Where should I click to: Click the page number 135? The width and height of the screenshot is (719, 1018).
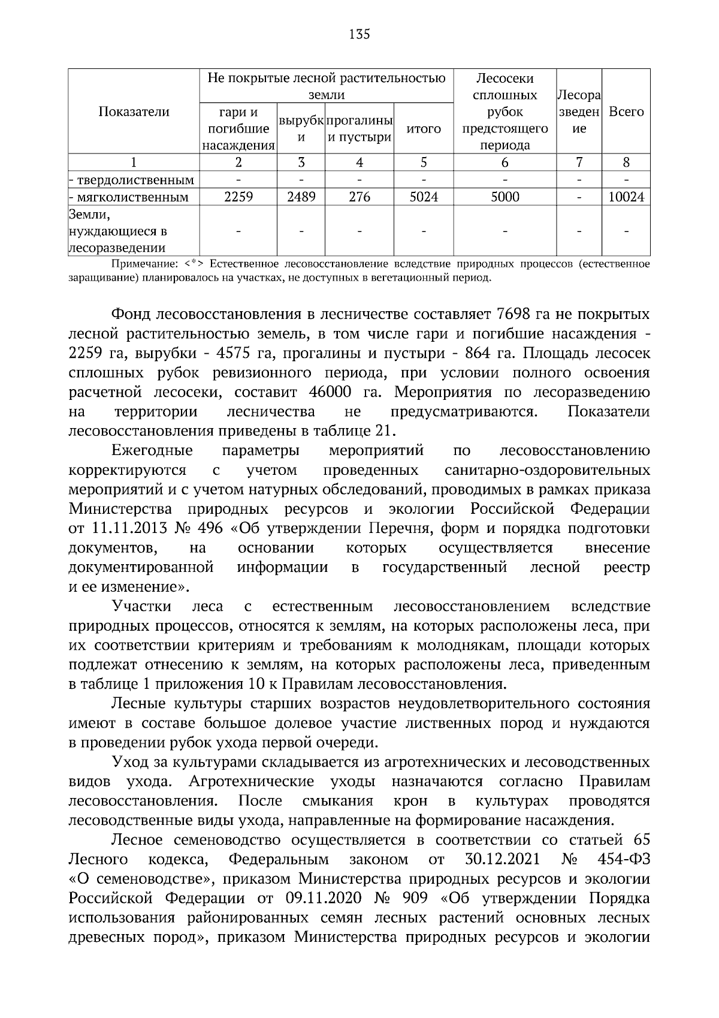pos(359,34)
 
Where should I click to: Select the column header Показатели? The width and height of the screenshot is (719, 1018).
pos(134,112)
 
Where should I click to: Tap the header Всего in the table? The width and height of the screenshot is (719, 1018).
pos(626,112)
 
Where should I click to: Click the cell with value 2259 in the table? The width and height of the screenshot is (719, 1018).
pos(238,197)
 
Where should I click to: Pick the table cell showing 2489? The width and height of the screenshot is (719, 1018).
pos(301,197)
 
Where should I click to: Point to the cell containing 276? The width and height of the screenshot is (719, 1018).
pos(359,197)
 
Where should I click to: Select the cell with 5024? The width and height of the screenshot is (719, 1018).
pos(424,197)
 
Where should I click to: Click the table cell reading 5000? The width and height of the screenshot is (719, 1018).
pos(505,197)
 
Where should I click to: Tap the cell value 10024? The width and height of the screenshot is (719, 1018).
pos(626,197)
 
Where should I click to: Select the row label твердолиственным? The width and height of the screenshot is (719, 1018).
pos(134,180)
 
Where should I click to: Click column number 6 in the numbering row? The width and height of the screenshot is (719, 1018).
pos(505,162)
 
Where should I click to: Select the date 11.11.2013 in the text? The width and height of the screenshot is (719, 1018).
pos(125,529)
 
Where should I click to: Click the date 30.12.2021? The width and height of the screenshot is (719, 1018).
pos(502,860)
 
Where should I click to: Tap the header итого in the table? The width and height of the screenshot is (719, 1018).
pos(424,129)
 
